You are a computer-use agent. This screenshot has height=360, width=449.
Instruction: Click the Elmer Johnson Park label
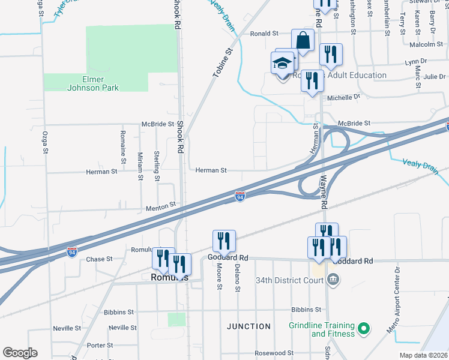(x=93, y=83)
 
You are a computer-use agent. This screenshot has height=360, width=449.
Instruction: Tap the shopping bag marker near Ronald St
(x=303, y=41)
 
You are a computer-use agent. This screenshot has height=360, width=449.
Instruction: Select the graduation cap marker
(x=283, y=62)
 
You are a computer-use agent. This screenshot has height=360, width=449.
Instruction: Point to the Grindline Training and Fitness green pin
(x=363, y=329)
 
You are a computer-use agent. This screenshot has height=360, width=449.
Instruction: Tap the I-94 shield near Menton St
(x=240, y=196)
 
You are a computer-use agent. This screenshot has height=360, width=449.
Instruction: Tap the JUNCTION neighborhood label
(x=249, y=326)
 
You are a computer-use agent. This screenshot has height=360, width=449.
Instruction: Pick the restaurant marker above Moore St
(x=224, y=241)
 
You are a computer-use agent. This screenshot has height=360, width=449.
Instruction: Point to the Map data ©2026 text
(x=423, y=355)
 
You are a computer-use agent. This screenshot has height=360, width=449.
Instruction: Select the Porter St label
(x=100, y=346)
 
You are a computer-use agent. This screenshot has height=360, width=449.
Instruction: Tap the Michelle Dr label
(x=343, y=97)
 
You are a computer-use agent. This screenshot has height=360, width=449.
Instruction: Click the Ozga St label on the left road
(x=45, y=142)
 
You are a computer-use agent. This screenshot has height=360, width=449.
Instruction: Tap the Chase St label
(x=100, y=259)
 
